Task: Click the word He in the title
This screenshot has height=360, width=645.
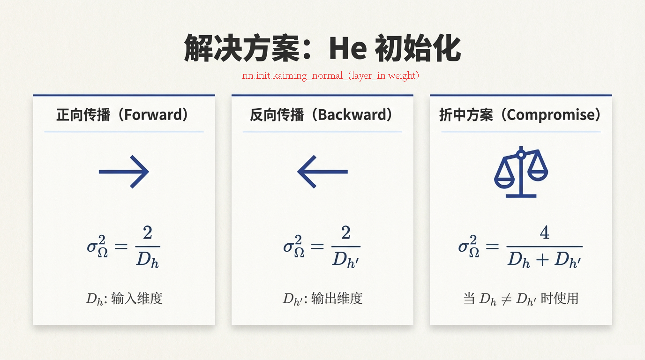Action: coord(348,48)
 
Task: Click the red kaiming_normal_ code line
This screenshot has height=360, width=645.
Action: coord(330,75)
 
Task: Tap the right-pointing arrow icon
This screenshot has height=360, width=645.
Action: coord(124,172)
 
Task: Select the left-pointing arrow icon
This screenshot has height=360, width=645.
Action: coord(322,172)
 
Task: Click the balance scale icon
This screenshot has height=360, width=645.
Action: coord(521,172)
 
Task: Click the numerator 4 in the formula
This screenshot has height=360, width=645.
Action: coord(544,232)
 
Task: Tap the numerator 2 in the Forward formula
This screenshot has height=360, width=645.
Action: coord(148,232)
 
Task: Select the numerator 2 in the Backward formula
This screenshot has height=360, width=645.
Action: coord(346,232)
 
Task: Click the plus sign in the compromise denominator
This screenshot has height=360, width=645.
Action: coord(542,260)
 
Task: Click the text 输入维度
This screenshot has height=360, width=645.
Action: coord(137,299)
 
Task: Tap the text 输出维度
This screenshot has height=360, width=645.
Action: coord(337,299)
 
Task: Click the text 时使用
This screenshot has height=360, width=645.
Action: coord(560,299)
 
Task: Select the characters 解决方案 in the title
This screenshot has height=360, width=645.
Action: coord(242,48)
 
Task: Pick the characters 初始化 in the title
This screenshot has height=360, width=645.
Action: coord(418,48)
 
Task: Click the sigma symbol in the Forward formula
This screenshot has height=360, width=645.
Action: coord(92,247)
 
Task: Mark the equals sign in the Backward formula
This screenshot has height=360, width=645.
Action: coord(317,246)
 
